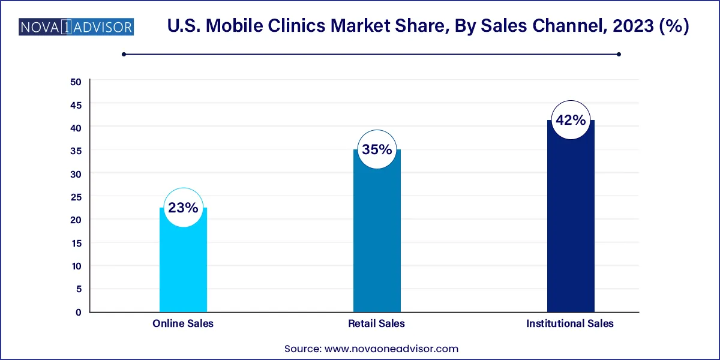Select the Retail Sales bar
[x=377, y=240]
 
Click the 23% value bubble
[x=183, y=208]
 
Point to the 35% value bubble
[x=377, y=149]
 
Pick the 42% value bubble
[x=571, y=120]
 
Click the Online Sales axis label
[x=183, y=323]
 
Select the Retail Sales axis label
[x=377, y=323]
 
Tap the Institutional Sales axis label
[x=570, y=323]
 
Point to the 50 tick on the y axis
[x=76, y=82]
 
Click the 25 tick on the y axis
[x=76, y=197]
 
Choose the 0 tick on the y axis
[x=79, y=312]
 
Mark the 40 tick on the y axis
[x=76, y=128]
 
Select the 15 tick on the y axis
[x=76, y=243]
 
